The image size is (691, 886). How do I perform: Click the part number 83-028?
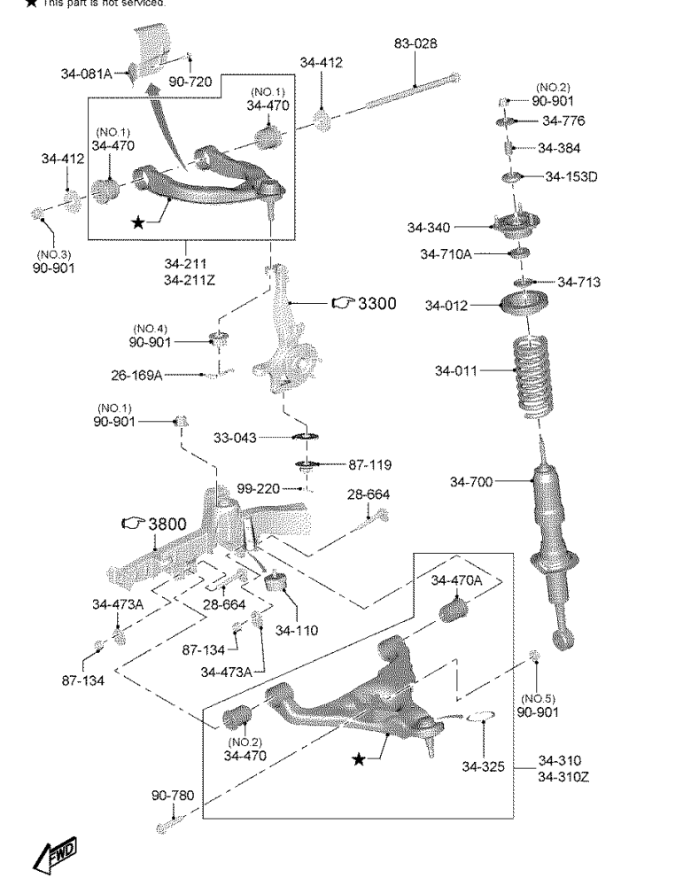415,44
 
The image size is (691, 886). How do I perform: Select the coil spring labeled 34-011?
532,377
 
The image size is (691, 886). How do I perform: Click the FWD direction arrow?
58,856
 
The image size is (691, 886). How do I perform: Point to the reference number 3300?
376,304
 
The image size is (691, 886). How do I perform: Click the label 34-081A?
86,74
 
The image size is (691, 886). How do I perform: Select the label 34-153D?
571,176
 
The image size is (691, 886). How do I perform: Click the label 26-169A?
136,375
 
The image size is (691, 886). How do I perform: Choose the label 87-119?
369,464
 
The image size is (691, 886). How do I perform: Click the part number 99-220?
258,489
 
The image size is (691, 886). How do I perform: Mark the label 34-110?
296,630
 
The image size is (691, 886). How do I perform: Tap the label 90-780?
172,796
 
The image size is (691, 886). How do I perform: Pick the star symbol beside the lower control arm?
358,760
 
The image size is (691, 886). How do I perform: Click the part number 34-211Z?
186,281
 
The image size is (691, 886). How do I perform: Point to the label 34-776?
563,120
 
